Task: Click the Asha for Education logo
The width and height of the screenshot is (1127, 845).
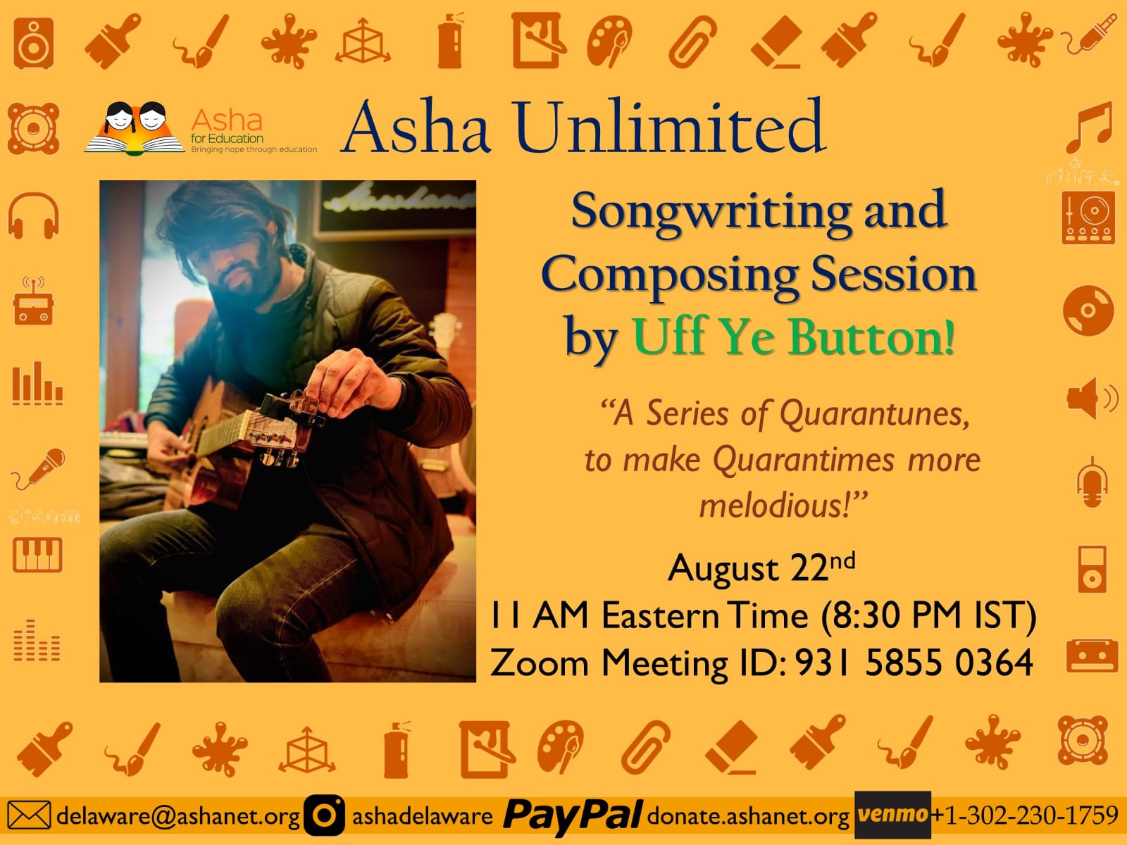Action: (201, 128)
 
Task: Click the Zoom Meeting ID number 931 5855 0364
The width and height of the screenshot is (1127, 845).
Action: (914, 663)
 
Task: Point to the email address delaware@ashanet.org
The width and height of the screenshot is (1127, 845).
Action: (178, 815)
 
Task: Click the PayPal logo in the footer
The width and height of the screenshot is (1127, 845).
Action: (573, 815)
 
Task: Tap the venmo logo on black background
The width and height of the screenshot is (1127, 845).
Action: (892, 815)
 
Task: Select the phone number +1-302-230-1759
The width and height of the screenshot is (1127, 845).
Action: (1024, 815)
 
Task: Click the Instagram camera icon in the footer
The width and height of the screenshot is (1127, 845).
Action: (324, 815)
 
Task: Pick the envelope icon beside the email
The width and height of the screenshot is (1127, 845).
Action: (29, 815)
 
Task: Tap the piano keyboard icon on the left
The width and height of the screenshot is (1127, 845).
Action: (37, 555)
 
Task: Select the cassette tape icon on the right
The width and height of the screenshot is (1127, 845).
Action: (1092, 656)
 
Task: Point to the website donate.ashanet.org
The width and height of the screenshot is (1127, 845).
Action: (748, 815)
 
